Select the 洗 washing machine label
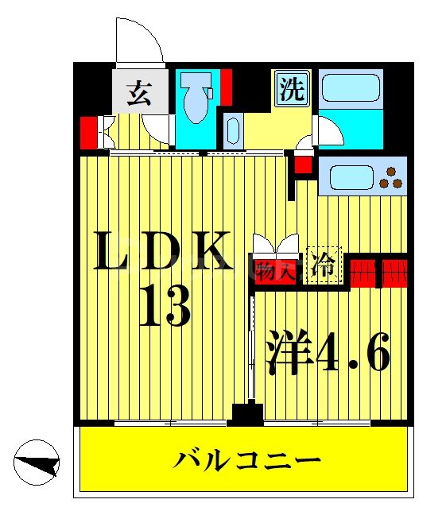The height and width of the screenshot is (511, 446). tap(292, 89)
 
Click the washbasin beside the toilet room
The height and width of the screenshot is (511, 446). tap(231, 129)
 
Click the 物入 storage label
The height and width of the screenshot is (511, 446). tap(275, 269)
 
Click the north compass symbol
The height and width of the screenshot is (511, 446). tap(37, 461)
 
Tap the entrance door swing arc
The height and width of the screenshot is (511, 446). tap(140, 40)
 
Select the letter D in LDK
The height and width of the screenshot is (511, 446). tap(160, 252)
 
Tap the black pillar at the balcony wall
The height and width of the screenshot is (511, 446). tap(247, 413)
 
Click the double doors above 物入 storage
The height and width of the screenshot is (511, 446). tap(275, 243)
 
